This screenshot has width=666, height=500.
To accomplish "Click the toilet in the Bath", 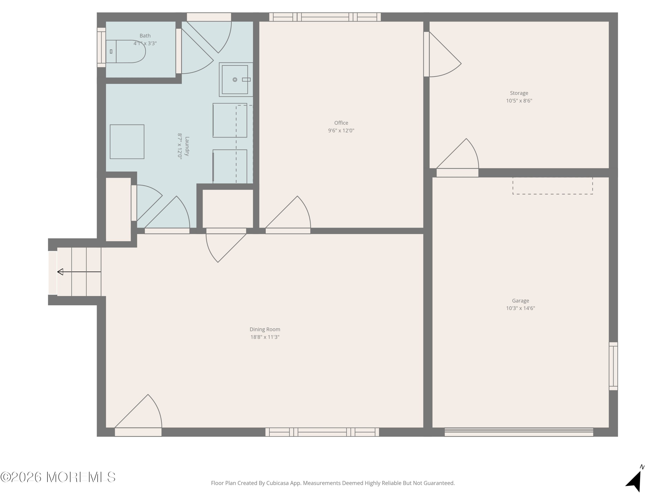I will click(x=128, y=52).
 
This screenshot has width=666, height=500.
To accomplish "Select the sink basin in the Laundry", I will click(x=235, y=80).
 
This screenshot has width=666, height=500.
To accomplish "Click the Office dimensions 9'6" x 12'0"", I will click(x=341, y=130).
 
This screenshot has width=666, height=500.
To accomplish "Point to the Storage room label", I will click(x=519, y=93).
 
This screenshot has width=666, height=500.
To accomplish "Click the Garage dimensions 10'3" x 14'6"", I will click(x=520, y=308).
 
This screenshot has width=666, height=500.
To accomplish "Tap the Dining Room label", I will click(x=265, y=329).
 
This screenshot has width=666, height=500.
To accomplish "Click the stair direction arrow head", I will click(x=60, y=272).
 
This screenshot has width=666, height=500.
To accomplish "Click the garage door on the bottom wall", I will click(x=519, y=432).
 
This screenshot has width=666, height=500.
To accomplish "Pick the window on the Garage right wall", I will click(x=613, y=366).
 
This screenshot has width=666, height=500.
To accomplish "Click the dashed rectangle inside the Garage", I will click(x=553, y=186).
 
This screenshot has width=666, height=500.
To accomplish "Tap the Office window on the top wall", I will click(x=325, y=17).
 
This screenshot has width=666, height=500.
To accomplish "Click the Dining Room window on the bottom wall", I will click(x=322, y=432).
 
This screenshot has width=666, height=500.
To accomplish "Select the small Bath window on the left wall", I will click(x=101, y=47).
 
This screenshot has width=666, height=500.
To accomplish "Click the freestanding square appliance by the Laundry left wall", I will click(x=127, y=142).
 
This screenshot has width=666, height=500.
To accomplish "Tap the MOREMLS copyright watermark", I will click(x=58, y=477).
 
